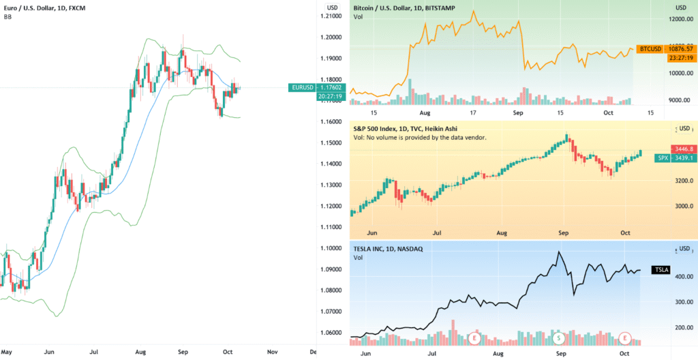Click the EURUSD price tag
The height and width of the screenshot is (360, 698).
coord(301,87)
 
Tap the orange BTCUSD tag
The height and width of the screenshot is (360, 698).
coord(649,49)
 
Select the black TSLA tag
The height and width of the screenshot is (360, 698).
coord(661,270)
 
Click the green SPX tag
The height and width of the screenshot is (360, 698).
coord(661,157)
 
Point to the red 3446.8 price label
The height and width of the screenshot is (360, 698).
coord(682,149)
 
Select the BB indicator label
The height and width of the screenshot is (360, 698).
coord(7,16)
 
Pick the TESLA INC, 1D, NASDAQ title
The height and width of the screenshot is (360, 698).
coord(388,249)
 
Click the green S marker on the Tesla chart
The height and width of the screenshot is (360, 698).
coord(559,337)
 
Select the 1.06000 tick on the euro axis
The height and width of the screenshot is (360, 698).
coord(333,333)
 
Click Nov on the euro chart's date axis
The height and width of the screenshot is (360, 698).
coord(272,352)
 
